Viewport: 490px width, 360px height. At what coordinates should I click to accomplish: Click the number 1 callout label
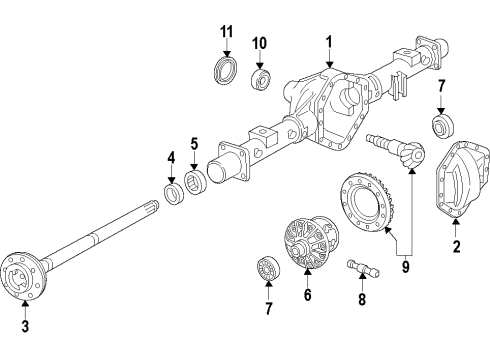(x=328, y=43)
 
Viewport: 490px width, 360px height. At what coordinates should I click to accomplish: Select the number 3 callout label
(x=25, y=325)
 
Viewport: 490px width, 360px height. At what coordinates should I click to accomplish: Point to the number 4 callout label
(x=171, y=156)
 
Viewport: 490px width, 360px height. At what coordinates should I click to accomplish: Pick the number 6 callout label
(x=307, y=295)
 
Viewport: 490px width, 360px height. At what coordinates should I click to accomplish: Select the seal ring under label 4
(x=172, y=191)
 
